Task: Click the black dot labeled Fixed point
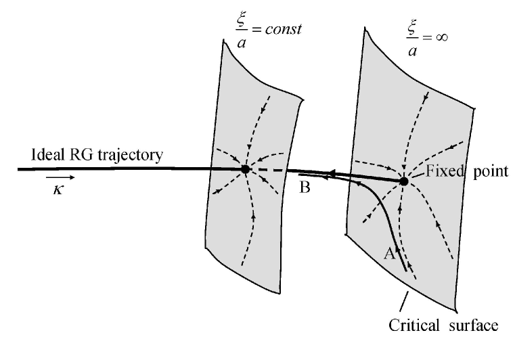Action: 404,181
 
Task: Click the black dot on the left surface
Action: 245,169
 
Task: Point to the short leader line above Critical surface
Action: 407,301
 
